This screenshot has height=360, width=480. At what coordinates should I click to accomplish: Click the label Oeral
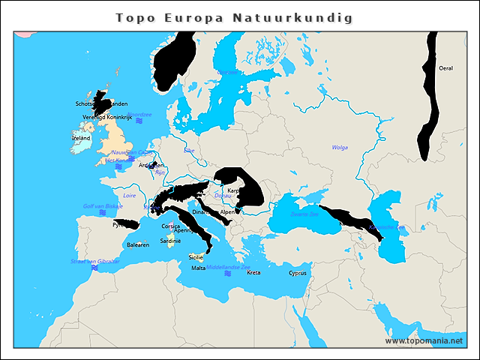(x=445, y=68)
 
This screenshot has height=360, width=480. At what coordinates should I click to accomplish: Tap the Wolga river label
(x=340, y=148)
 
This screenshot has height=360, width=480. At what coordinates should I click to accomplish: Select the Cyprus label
(x=298, y=273)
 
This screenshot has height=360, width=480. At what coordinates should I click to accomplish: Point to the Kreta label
(x=253, y=273)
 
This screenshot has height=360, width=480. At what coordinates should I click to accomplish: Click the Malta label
(x=198, y=268)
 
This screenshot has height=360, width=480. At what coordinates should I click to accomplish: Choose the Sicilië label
(x=195, y=256)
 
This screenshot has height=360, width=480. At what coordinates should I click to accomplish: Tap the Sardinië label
(x=170, y=241)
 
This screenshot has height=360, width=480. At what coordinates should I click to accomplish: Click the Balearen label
(x=138, y=245)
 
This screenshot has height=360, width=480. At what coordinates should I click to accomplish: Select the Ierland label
(x=81, y=138)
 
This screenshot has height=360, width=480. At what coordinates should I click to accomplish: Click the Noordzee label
(x=139, y=115)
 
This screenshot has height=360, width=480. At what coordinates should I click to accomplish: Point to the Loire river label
(x=129, y=195)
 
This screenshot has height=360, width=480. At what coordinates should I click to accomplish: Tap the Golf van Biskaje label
(x=103, y=205)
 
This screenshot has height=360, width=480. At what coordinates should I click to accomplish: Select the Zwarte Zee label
(x=304, y=214)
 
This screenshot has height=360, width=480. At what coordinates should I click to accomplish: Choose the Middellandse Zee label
(x=229, y=267)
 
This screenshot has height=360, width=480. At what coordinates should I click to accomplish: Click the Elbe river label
(x=189, y=151)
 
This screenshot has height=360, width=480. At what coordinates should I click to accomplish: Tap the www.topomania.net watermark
(x=424, y=340)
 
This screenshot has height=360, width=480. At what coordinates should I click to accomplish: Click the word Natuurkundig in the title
(x=301, y=16)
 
